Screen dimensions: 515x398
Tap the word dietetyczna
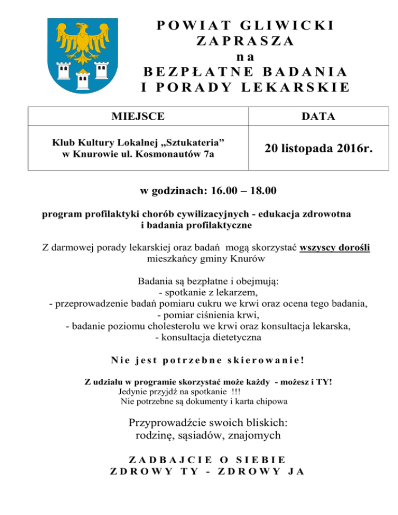[x=237, y=338]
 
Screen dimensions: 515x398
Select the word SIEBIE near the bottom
[x=259, y=459]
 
